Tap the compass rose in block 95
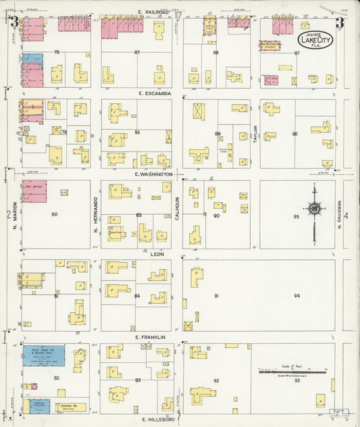tap(314, 210)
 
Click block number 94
tap(296, 295)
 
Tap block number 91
tap(217, 296)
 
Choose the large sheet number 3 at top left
tap(14, 22)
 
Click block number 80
tap(55, 214)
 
